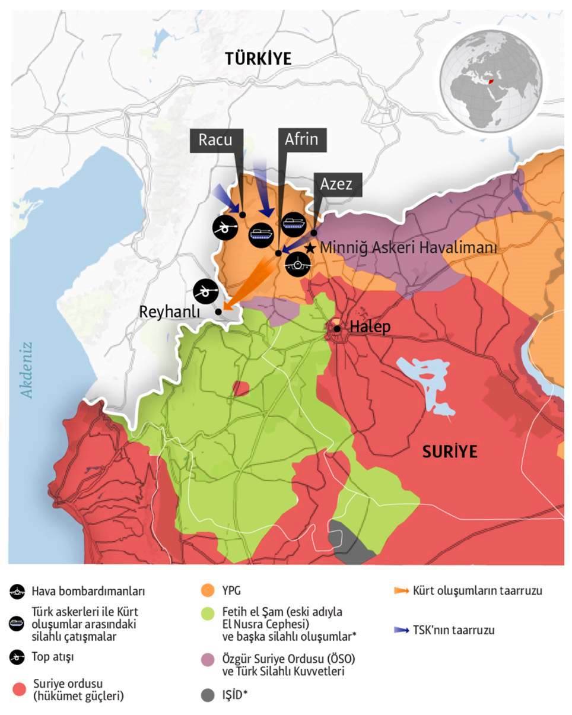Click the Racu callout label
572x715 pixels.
(215, 139)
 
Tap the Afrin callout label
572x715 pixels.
(301, 139)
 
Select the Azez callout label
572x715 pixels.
(336, 184)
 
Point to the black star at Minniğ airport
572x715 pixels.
(310, 247)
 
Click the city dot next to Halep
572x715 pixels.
(337, 328)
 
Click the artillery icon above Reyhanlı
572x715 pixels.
(206, 291)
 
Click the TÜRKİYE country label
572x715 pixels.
(258, 59)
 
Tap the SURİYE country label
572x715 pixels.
(450, 452)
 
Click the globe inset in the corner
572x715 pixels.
(491, 80)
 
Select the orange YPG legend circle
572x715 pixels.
(207, 591)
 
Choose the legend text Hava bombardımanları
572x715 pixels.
(88, 591)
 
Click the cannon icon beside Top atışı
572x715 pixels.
(17, 657)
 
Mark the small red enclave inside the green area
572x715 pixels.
(240, 389)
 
